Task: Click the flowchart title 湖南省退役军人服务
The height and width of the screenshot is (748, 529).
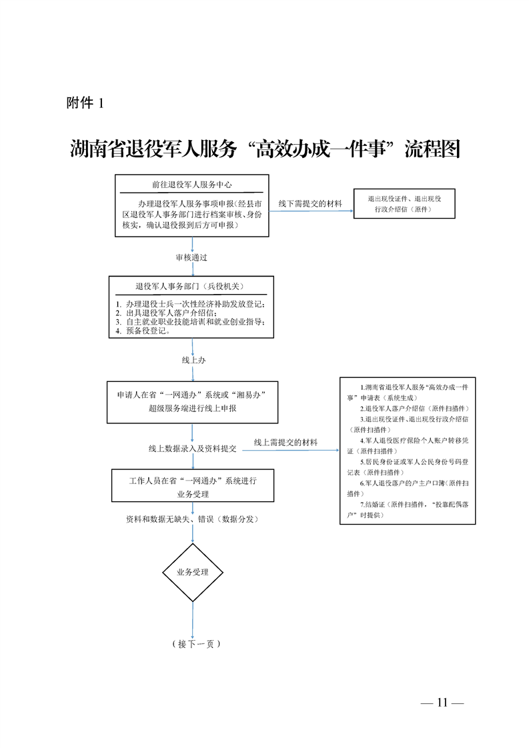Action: tap(153, 149)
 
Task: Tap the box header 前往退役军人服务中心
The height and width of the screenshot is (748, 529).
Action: tap(191, 185)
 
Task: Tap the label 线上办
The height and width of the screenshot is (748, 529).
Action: tap(193, 360)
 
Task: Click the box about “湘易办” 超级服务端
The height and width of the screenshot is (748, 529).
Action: tap(192, 401)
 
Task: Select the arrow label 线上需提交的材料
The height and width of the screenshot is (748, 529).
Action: tap(286, 443)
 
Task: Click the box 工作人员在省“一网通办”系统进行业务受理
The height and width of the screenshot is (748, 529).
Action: tap(192, 487)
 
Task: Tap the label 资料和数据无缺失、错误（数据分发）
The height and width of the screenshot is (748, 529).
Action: tap(192, 519)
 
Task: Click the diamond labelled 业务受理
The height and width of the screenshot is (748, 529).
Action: tap(192, 572)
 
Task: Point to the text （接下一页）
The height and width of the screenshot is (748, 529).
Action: tap(195, 644)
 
